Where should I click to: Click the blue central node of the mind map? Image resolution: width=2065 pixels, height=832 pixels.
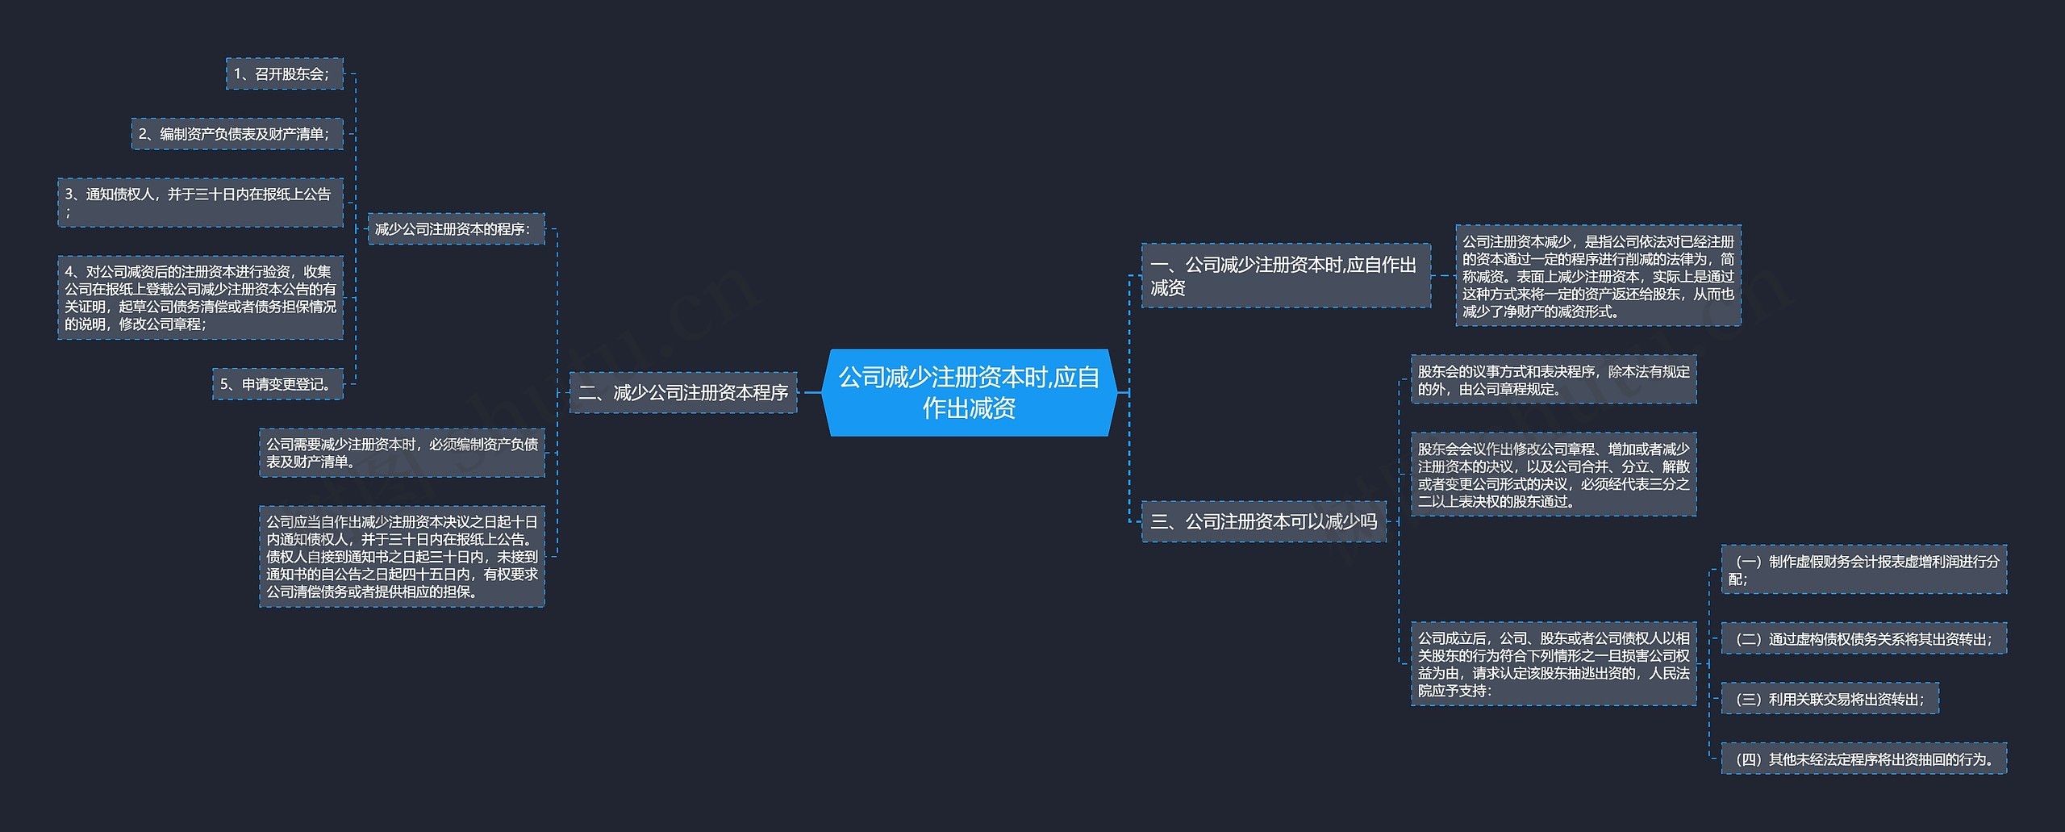pos(969,392)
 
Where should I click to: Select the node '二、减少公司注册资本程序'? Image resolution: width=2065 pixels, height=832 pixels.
pos(683,393)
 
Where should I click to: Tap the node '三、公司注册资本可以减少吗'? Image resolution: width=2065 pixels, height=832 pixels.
pos(1263,521)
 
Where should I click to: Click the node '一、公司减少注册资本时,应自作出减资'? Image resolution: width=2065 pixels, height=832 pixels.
pos(1285,276)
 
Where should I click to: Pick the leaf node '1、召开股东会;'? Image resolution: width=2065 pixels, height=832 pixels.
pos(284,74)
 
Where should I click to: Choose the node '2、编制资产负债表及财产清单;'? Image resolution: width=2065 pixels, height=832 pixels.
pos(237,134)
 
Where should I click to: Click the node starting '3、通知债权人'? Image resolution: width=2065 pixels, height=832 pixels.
pos(200,203)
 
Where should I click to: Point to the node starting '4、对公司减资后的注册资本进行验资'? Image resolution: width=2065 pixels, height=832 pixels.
pos(200,298)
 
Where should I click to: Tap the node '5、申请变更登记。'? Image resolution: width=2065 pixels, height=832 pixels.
pos(277,384)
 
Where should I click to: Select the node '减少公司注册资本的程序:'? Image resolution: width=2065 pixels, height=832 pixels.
pos(456,229)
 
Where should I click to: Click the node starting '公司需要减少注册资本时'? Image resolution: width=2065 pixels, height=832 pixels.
pos(402,453)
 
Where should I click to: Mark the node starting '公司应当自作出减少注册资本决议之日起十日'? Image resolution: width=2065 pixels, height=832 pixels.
pos(402,557)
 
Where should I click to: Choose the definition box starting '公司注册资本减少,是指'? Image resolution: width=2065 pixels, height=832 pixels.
pos(1597,276)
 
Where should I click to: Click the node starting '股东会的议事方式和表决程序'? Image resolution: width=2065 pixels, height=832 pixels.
pos(1553,380)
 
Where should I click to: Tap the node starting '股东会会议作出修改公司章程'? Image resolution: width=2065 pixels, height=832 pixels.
pos(1553,475)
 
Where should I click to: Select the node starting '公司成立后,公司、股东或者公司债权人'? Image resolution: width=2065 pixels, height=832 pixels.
pos(1553,663)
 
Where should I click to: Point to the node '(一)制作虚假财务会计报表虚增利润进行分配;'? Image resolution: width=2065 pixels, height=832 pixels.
pos(1863,570)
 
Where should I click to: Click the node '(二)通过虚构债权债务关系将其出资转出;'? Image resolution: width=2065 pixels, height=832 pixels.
pos(1863,639)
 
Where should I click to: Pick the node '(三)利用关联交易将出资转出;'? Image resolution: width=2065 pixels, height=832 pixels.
pos(1829,699)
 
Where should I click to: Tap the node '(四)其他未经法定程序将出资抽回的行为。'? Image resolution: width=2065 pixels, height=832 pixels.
pos(1863,759)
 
